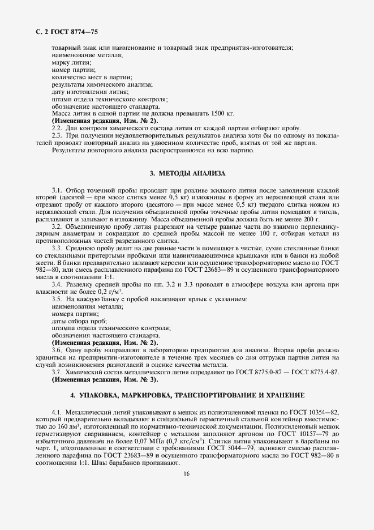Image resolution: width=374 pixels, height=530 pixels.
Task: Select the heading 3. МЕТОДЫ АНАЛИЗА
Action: point(187,172)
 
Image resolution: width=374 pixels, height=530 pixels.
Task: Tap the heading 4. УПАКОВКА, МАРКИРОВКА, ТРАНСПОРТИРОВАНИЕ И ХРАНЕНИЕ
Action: point(187,394)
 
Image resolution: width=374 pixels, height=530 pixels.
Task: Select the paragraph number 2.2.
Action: point(57,128)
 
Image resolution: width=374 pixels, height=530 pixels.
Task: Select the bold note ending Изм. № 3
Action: point(105,379)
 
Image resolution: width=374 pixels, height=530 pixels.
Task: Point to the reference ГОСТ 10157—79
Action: point(306,433)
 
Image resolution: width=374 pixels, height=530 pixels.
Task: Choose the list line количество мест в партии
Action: point(92,76)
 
